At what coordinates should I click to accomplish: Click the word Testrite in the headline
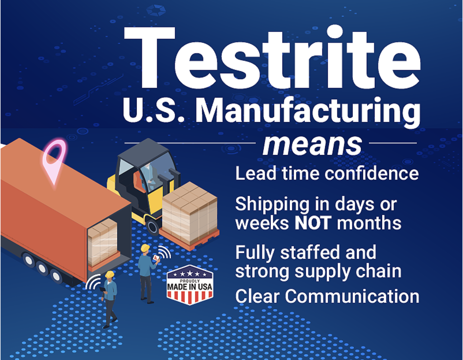click(x=272, y=58)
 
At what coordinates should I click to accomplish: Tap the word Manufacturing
click(x=308, y=111)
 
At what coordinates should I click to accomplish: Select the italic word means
click(x=312, y=145)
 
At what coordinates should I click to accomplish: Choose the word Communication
click(x=352, y=296)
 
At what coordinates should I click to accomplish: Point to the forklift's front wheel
click(x=153, y=226)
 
